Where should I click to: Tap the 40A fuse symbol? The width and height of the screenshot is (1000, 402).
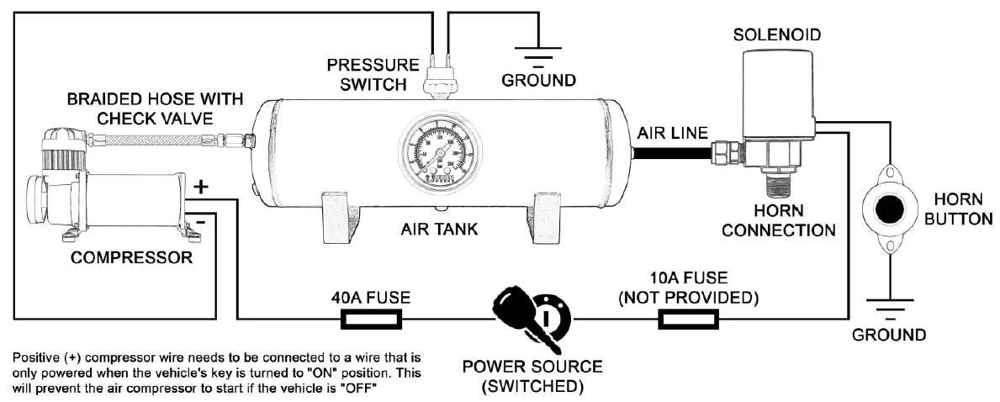370,319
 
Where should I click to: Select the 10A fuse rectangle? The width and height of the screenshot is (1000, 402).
687,319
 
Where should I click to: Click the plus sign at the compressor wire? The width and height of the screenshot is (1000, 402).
201,188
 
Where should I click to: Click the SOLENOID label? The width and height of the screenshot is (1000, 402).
776,35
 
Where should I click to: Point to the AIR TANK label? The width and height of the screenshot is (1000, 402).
439,230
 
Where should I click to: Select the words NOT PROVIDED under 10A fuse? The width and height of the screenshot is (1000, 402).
688,298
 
